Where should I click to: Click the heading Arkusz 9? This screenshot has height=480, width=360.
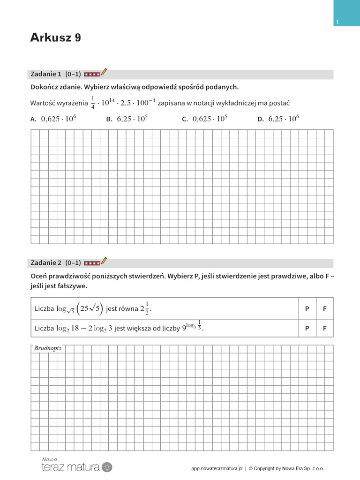point(55,38)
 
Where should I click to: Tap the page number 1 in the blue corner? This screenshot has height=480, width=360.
point(337,22)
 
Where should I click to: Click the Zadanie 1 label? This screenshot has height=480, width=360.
point(46,74)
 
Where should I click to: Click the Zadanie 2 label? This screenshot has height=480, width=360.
point(46,262)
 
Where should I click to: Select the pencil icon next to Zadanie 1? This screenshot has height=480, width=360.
point(104,72)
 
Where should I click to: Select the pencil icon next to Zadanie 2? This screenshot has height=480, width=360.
point(104,261)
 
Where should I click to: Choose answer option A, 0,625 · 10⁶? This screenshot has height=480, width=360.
point(53,119)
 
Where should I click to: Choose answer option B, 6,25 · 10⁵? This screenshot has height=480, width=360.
point(127,119)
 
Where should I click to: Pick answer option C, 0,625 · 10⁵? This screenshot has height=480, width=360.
point(205,119)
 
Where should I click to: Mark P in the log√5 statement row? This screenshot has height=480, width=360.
point(307,308)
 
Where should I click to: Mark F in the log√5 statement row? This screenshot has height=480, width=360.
point(325,308)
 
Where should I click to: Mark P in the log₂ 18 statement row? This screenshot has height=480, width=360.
point(307,329)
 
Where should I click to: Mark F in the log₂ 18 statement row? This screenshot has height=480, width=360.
point(325,329)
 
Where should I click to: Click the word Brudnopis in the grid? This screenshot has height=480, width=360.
point(48,349)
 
